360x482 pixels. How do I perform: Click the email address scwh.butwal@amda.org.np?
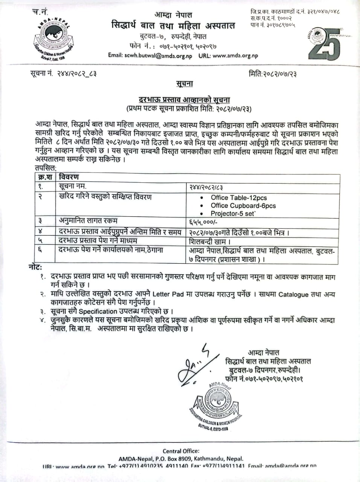tap(158, 55)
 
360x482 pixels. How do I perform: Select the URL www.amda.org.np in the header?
tap(235, 55)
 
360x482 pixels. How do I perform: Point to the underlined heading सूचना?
tap(184, 84)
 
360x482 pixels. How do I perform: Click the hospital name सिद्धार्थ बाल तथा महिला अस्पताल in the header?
tap(173, 26)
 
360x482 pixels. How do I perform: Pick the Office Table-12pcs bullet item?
tap(239, 198)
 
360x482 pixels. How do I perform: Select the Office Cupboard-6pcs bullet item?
tap(243, 206)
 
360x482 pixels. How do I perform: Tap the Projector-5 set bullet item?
tap(233, 214)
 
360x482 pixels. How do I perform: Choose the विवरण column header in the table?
tap(69, 177)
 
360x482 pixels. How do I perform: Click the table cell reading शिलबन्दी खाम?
tap(210, 241)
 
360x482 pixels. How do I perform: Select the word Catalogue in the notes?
tap(293, 294)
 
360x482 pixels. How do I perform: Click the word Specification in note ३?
tap(98, 311)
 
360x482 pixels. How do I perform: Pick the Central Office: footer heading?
tap(181, 451)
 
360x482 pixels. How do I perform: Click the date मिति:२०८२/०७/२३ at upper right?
tap(273, 74)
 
